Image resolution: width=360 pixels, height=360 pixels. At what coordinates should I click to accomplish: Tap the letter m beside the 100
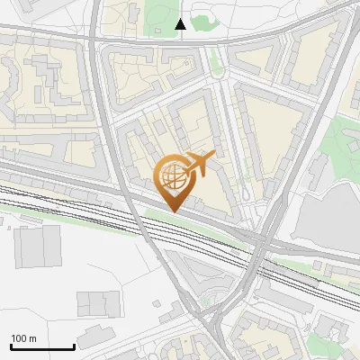[x=32, y=338]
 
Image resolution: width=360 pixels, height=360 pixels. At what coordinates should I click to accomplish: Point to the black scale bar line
[x=42, y=347]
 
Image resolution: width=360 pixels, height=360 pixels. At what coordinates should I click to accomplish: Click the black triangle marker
[x=181, y=24]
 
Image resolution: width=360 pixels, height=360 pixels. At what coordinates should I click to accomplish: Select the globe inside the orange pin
[x=172, y=175]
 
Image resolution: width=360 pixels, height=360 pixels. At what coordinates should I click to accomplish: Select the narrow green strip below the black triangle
[x=216, y=63]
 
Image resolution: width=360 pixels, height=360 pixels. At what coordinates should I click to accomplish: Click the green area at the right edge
[x=342, y=144]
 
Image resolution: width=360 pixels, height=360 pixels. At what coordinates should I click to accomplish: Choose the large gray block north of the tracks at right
[x=328, y=216]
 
